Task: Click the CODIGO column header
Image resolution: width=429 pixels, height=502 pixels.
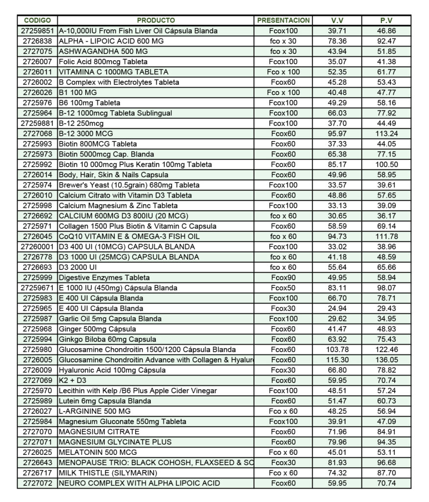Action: pos(37,21)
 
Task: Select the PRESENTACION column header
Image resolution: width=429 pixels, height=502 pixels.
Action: pos(284,21)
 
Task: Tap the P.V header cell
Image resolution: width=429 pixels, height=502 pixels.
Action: pos(386,21)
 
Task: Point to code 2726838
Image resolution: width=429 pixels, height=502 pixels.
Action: pos(37,41)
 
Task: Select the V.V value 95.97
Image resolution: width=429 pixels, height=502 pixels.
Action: pos(336,134)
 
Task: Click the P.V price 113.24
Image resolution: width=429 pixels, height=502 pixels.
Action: pos(386,134)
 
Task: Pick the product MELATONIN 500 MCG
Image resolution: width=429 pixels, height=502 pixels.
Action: pos(98,452)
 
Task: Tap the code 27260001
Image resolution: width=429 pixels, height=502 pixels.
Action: pos(37,247)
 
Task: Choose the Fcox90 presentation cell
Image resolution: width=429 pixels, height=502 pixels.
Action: pos(284,277)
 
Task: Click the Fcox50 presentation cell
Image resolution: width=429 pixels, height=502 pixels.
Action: pos(284,288)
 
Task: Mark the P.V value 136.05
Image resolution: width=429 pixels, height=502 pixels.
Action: pos(386,360)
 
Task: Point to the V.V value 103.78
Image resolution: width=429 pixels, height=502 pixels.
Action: pos(336,350)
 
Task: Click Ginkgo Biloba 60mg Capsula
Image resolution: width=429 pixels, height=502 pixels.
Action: pos(107,339)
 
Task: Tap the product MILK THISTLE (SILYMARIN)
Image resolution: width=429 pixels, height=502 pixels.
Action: pos(108,473)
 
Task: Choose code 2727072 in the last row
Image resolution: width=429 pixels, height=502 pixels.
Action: pos(37,483)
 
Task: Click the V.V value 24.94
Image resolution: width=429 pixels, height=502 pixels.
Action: pos(336,308)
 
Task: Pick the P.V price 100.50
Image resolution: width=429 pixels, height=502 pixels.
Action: pos(386,165)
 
